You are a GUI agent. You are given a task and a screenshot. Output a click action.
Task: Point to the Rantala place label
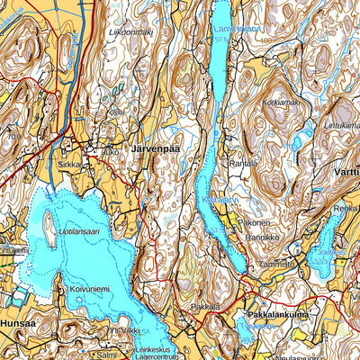coord(243,163)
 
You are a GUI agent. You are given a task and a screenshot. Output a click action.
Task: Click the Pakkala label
coord(206,306)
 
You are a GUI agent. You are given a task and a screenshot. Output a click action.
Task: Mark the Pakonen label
coord(254,221)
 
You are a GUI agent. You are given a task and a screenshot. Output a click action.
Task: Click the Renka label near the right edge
coord(346,208)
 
